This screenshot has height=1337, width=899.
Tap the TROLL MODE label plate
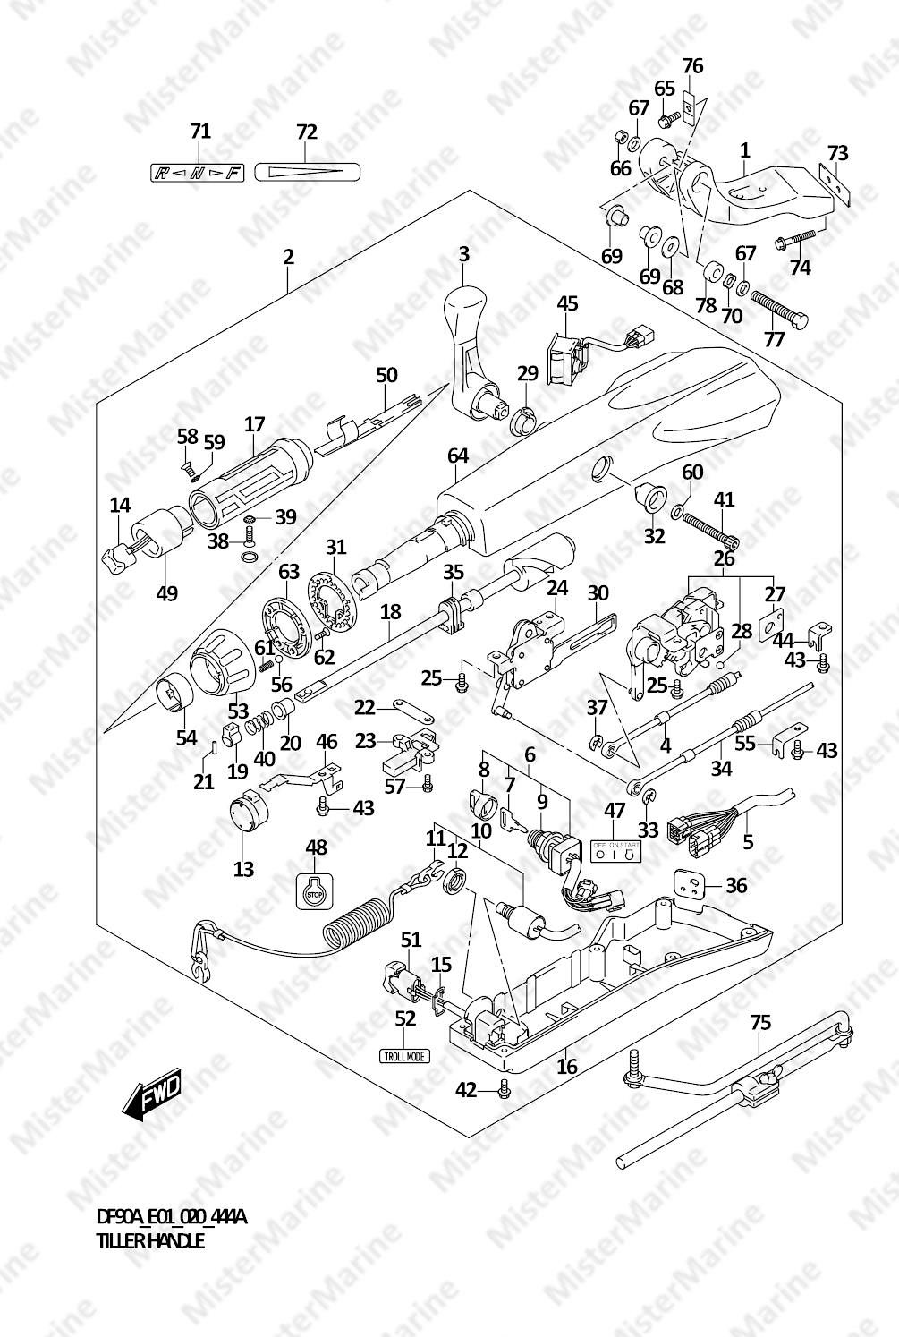pyautogui.click(x=404, y=1056)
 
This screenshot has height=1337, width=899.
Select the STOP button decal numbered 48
pyautogui.click(x=313, y=890)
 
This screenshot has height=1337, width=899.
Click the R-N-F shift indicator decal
pyautogui.click(x=197, y=173)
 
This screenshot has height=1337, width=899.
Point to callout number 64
pyautogui.click(x=458, y=456)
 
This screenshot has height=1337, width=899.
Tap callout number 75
pyautogui.click(x=759, y=1023)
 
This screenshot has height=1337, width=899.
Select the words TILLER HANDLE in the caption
pyautogui.click(x=150, y=1241)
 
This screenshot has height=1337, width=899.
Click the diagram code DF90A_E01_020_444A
pyautogui.click(x=171, y=1217)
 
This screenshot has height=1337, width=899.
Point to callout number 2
pyautogui.click(x=288, y=257)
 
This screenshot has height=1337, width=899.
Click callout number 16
pyautogui.click(x=567, y=1066)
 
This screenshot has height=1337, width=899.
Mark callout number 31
pyautogui.click(x=335, y=547)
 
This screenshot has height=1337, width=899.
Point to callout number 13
pyautogui.click(x=243, y=868)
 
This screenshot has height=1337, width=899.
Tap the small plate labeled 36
pyautogui.click(x=691, y=884)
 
